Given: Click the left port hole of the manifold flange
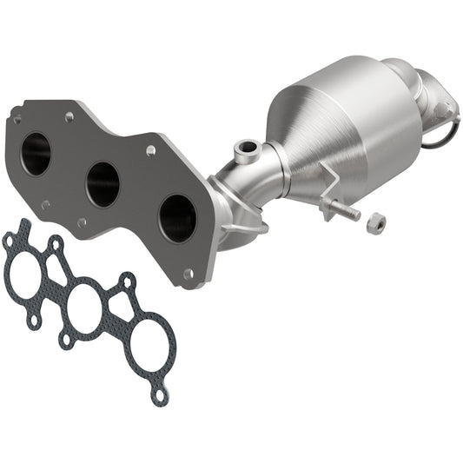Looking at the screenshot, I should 36,154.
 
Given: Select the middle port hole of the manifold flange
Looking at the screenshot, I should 103,183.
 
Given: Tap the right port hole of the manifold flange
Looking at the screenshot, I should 177,217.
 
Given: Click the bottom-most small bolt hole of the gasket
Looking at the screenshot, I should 159,396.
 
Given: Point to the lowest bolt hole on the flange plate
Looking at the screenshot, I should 188,274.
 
